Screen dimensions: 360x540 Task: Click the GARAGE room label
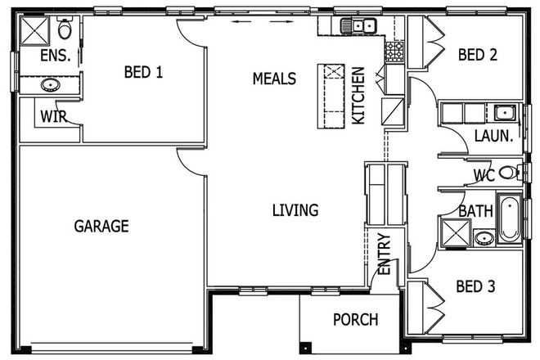[101, 226]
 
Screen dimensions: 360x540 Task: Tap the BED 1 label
[143, 72]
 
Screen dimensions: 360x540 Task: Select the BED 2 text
[478, 55]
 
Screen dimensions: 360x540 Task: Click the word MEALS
[273, 79]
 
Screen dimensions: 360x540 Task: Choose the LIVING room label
[295, 210]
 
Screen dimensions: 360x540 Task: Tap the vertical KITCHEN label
[358, 97]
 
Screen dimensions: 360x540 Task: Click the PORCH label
[356, 319]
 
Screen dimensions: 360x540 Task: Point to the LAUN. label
[494, 137]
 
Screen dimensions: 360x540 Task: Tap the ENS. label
[54, 56]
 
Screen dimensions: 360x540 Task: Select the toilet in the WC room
[509, 173]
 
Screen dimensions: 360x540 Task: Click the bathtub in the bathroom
[508, 218]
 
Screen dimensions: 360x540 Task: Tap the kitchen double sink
[358, 26]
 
